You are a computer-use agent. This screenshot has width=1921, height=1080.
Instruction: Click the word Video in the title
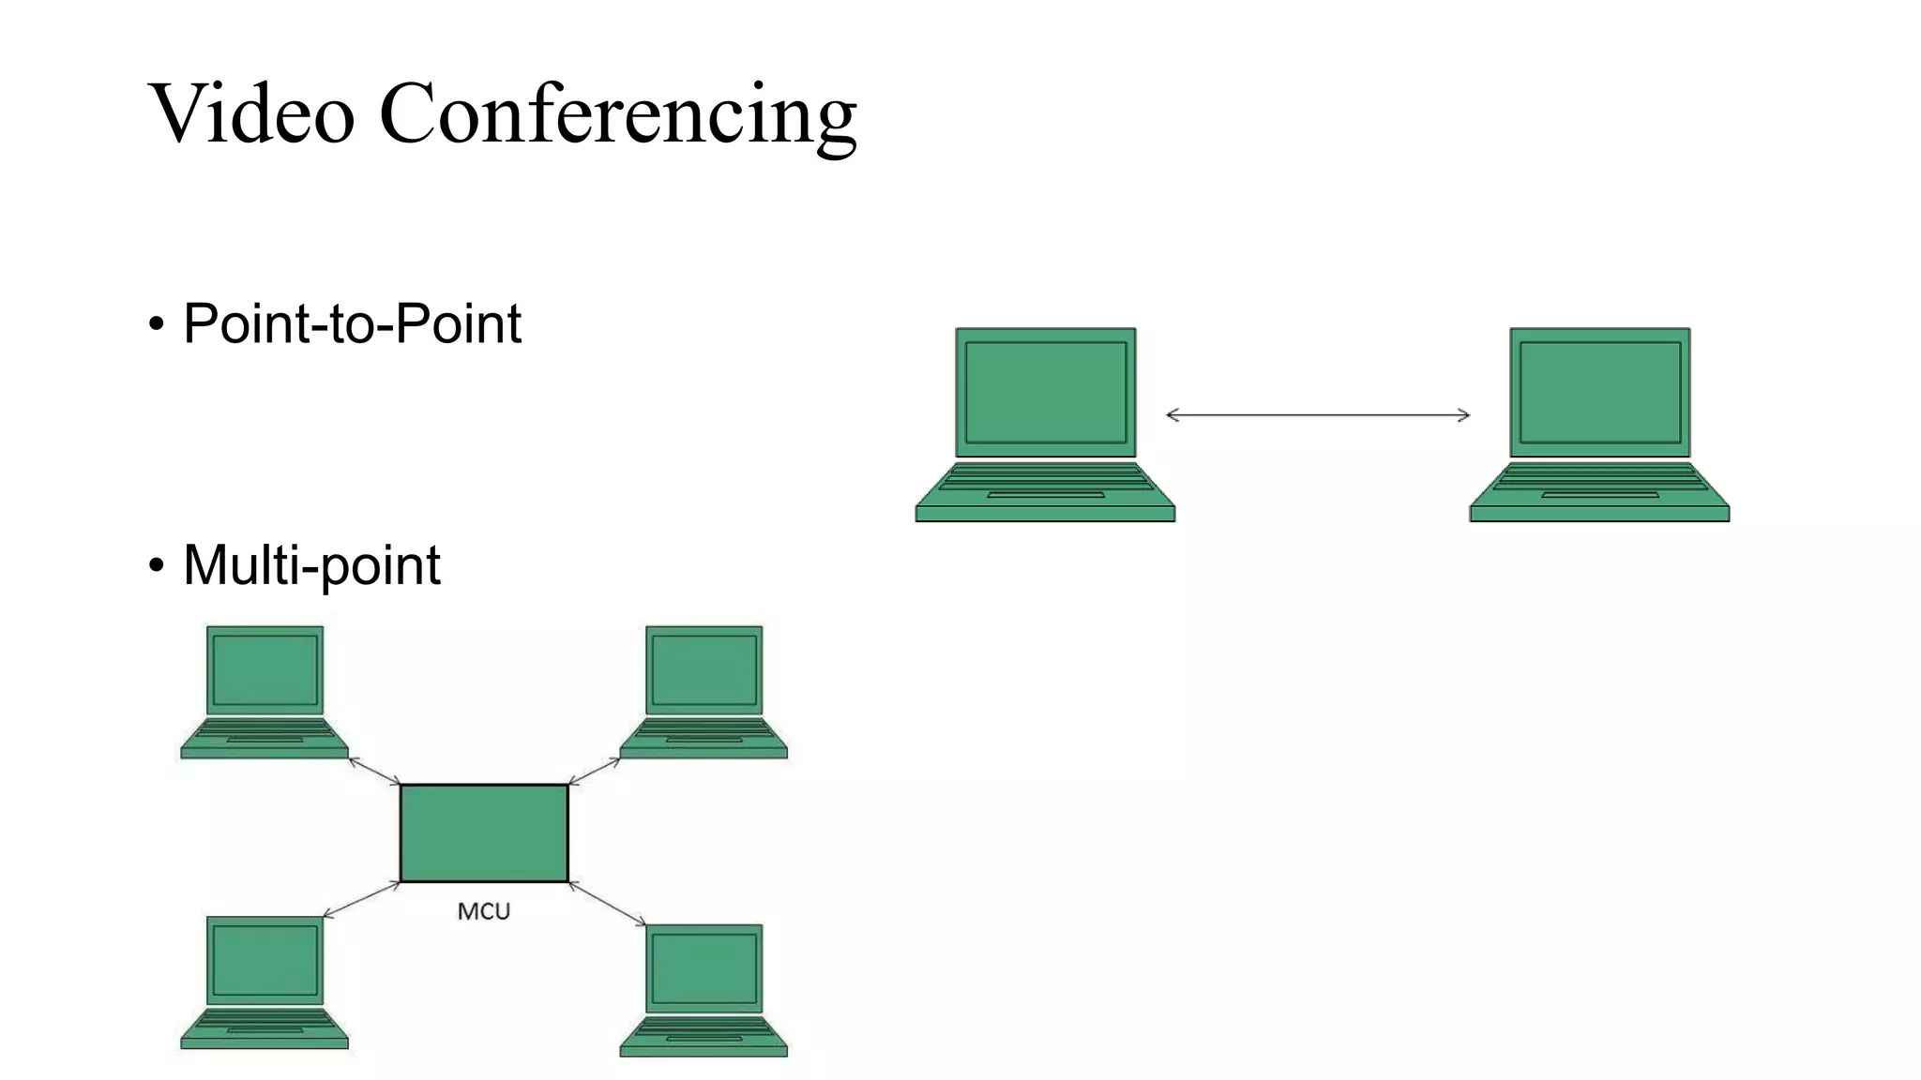point(251,113)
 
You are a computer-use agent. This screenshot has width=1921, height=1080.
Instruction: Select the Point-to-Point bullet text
point(352,324)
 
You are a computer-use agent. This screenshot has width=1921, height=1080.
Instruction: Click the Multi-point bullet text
point(311,565)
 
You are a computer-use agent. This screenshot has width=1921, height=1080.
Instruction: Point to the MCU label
point(483,911)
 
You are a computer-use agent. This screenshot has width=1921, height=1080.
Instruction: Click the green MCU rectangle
point(484,832)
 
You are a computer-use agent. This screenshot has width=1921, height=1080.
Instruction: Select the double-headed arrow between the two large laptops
point(1317,414)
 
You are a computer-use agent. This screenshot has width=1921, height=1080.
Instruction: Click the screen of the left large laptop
point(1046,392)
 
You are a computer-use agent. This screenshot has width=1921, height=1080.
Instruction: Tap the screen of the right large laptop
point(1600,392)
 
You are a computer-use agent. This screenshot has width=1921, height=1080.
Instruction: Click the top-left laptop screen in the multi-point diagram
point(265,669)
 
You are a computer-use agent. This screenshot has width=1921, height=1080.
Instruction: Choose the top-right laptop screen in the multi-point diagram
point(704,669)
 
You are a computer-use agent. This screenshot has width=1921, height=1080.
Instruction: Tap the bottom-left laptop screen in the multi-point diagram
point(265,960)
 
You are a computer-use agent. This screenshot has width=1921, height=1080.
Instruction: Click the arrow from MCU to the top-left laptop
point(374,771)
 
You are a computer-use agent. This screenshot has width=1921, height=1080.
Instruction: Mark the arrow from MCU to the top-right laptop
point(595,771)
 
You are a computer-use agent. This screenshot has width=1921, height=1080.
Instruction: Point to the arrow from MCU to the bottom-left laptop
point(361,900)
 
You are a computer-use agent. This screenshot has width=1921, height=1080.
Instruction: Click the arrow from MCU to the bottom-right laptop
point(607,904)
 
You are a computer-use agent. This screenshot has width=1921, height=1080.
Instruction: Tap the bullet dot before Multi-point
point(156,566)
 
